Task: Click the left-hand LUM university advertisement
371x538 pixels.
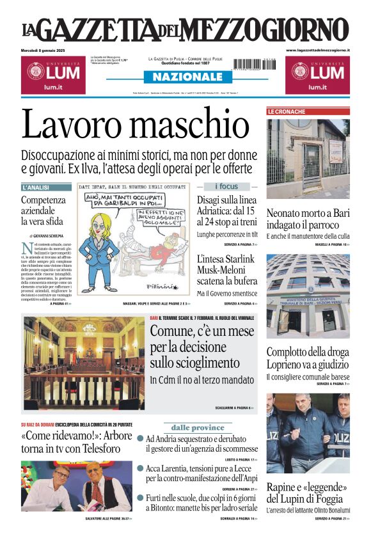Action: pyautogui.click(x=51, y=74)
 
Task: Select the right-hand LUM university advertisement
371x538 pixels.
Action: pyautogui.click(x=317, y=74)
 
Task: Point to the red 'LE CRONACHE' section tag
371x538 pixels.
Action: pyautogui.click(x=286, y=112)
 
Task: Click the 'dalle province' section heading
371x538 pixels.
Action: pyautogui.click(x=198, y=427)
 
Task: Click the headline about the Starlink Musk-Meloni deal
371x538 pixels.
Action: pyautogui.click(x=226, y=270)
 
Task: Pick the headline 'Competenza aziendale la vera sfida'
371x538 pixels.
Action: pyautogui.click(x=43, y=210)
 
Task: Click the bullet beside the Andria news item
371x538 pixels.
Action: pyautogui.click(x=140, y=439)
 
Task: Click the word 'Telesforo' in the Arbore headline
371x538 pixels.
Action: pyautogui.click(x=91, y=448)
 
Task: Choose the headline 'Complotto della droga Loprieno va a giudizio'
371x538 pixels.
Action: pyautogui.click(x=308, y=358)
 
